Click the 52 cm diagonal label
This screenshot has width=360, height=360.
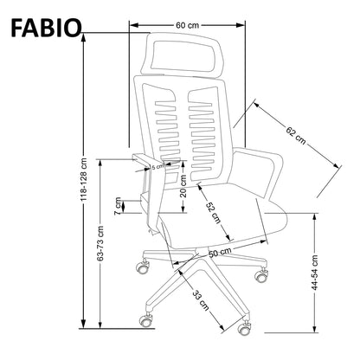click(212, 212)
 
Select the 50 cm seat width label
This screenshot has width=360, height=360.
click(218, 253)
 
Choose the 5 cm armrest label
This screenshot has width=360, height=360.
click(157, 167)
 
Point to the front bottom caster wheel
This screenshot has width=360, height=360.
click(244, 328)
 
